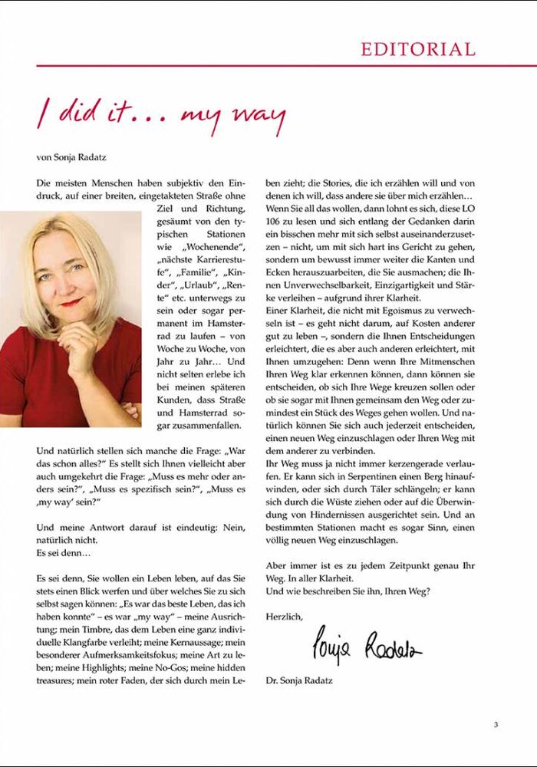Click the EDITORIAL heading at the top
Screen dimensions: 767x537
tap(418, 50)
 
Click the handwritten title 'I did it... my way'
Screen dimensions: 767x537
tap(161, 115)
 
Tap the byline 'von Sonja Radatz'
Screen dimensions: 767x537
tap(72, 158)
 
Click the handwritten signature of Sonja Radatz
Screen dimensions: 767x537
tap(367, 646)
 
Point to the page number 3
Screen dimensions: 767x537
tap(496, 724)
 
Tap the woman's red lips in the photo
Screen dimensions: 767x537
tap(71, 302)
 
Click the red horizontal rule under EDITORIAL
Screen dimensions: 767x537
tap(268, 66)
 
